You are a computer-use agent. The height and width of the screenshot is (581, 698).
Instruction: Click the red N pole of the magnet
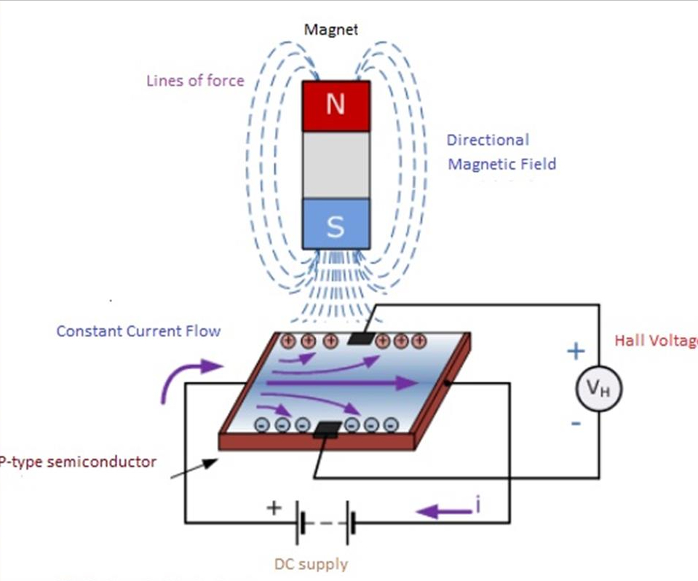pos(336,106)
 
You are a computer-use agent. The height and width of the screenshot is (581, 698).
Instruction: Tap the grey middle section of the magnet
pos(336,165)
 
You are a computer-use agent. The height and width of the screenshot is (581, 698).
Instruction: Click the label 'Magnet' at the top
pos(331,30)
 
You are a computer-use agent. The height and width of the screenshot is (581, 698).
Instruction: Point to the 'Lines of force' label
pos(195,81)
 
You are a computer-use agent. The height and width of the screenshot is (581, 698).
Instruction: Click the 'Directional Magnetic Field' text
pos(501,152)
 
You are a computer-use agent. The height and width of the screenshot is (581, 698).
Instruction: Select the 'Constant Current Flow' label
pos(138,331)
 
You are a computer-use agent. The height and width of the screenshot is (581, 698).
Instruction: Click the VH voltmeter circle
pos(598,390)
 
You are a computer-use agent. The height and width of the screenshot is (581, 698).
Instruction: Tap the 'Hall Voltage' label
pos(655,340)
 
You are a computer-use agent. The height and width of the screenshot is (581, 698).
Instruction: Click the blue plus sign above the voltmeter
pos(576,352)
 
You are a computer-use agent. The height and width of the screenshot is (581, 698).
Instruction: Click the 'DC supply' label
pos(311,564)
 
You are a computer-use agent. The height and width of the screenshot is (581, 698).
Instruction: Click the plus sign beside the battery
pos(273,508)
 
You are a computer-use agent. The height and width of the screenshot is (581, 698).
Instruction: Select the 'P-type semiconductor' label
pos(77,462)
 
